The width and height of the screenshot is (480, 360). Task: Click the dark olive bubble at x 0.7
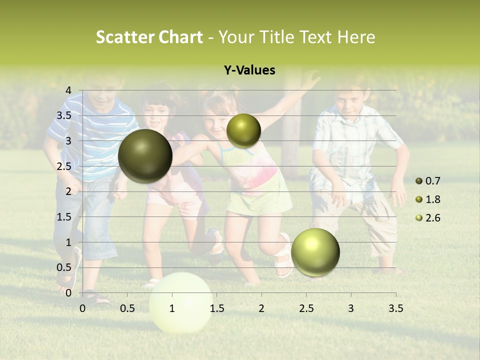145,156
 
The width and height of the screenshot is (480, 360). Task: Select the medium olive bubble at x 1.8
243,130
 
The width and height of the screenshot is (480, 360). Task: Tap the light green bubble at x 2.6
315,252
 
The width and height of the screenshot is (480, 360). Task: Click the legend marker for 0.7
419,181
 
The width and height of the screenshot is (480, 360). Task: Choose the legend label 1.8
433,199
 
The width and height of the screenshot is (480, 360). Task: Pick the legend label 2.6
433,218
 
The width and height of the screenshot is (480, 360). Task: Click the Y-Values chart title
249,70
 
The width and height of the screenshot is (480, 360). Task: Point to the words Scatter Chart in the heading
149,37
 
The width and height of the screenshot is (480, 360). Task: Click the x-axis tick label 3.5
395,308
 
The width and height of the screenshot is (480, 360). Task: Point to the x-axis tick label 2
261,308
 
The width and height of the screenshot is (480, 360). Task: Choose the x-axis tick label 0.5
127,308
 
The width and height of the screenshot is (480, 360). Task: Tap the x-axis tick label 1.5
216,308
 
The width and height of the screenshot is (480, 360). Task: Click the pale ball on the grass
181,303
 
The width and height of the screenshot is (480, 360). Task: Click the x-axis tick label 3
351,308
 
